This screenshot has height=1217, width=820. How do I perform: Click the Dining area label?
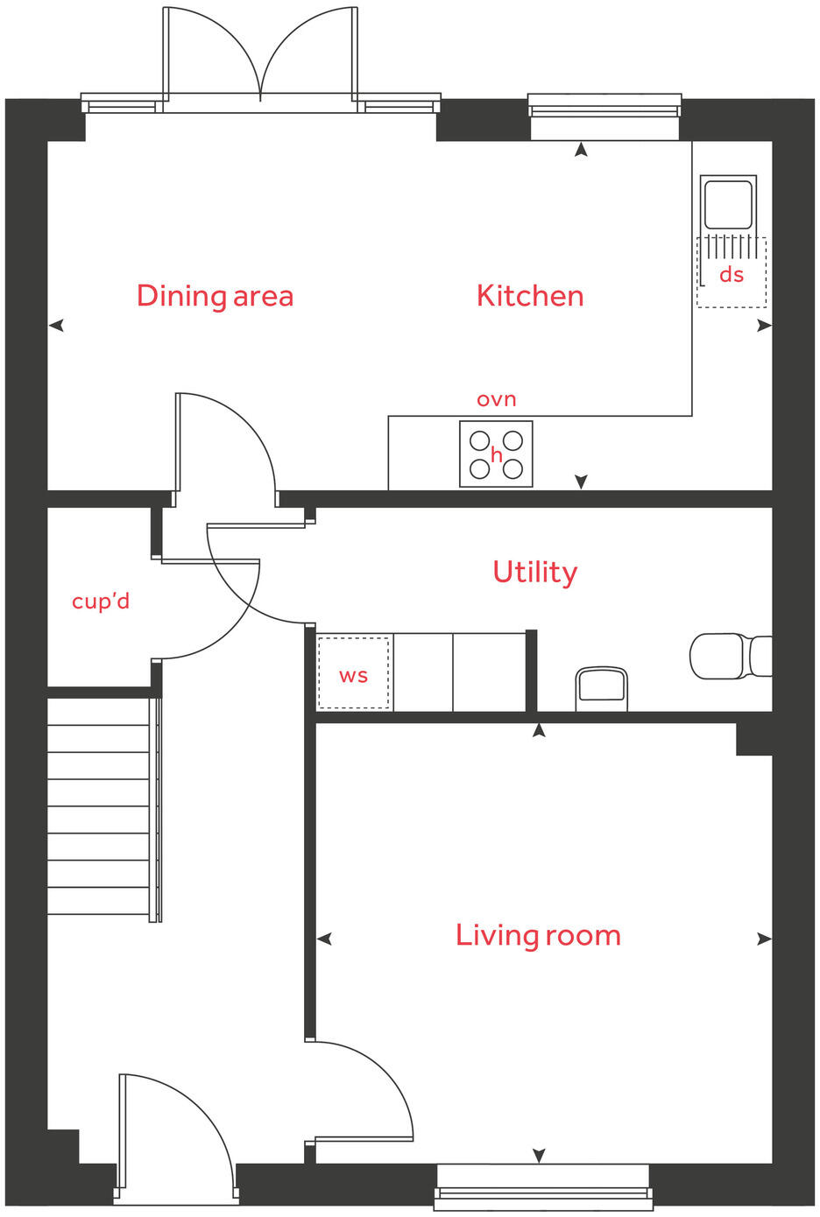pos(215,296)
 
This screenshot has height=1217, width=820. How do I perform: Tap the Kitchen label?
pos(530,296)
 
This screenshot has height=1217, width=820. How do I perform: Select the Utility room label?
pos(534,572)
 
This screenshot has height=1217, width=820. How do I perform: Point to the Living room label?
pos(538,935)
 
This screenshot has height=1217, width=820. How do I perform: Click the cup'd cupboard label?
pos(101,601)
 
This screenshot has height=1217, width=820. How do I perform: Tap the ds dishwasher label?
pos(732,275)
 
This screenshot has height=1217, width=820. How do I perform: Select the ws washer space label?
pos(353,676)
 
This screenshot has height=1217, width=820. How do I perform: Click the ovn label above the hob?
pos(496,399)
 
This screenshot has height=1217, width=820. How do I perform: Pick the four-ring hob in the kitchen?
pos(496,454)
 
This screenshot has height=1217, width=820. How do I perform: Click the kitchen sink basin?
pos(728,204)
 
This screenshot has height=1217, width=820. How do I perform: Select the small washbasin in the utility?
pos(601,689)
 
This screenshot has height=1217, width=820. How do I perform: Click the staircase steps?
pos(99,805)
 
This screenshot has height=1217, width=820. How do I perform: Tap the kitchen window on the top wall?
pos(604,109)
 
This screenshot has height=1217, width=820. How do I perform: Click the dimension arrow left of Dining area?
pos(57,326)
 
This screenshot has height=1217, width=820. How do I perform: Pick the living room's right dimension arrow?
pos(764,939)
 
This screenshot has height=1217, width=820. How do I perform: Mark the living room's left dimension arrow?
pos(324,939)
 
